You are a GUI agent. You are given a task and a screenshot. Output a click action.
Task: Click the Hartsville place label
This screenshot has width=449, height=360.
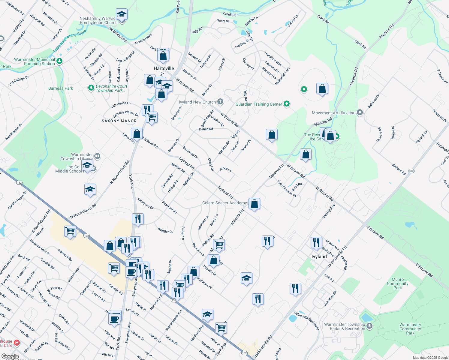pyautogui.click(x=164, y=68)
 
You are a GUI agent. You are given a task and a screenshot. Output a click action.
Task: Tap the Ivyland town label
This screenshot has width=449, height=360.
pyautogui.click(x=319, y=256)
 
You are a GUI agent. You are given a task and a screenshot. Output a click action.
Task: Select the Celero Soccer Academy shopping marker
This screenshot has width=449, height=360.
pyautogui.click(x=254, y=204)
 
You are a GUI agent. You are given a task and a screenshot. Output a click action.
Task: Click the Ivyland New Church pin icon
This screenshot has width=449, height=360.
pyautogui.click(x=220, y=102)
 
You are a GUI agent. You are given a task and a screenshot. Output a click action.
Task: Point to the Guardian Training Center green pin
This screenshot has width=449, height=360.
pyautogui.click(x=287, y=104)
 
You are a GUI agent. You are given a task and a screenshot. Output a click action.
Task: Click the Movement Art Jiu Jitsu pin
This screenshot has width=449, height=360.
pyautogui.click(x=360, y=113)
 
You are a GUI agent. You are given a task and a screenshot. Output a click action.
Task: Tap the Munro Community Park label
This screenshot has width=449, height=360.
pyautogui.click(x=397, y=283)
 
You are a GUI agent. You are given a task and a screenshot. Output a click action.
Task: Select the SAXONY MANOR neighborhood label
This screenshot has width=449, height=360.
pyautogui.click(x=119, y=121)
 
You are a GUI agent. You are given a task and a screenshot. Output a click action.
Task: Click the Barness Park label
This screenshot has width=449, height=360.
pyautogui.click(x=61, y=88)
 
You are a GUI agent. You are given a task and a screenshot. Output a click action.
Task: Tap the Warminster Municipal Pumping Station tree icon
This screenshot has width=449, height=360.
pyautogui.click(x=59, y=61)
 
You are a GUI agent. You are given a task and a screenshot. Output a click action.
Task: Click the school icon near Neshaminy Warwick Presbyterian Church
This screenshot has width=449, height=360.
pyautogui.click(x=122, y=14)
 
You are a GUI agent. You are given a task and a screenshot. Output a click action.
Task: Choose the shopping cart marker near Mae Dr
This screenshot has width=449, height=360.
pyautogui.click(x=70, y=231)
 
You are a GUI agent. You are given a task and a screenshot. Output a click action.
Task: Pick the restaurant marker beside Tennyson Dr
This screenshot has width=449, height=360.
pyautogui.click(x=138, y=219)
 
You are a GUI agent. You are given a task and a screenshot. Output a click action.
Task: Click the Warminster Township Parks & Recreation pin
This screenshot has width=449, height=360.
pyautogui.click(x=370, y=326)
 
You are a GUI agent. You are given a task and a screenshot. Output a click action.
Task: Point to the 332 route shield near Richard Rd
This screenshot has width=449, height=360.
pyautogui.click(x=411, y=171)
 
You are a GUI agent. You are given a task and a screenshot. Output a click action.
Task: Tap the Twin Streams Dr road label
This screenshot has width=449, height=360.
pyautogui.click(x=286, y=188)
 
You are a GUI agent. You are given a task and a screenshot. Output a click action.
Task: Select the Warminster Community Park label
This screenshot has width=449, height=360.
pyautogui.click(x=410, y=329)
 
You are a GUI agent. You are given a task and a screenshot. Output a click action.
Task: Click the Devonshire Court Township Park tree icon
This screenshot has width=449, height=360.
pyautogui.click(x=91, y=88)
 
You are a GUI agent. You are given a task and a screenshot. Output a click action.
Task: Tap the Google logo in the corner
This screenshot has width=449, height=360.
pyautogui.click(x=10, y=356)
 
